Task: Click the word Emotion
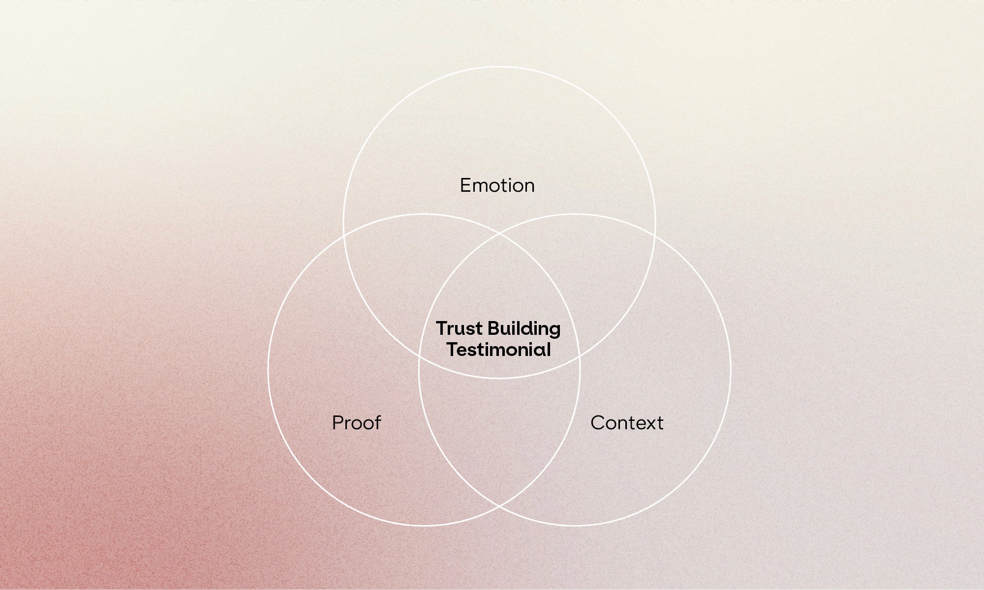tap(497, 185)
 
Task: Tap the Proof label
tap(356, 423)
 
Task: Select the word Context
tap(626, 423)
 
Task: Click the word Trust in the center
tap(459, 328)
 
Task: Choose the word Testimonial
tap(498, 350)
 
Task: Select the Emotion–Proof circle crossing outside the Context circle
tap(344, 236)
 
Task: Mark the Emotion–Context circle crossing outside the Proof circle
tap(655, 236)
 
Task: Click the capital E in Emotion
tap(465, 185)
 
